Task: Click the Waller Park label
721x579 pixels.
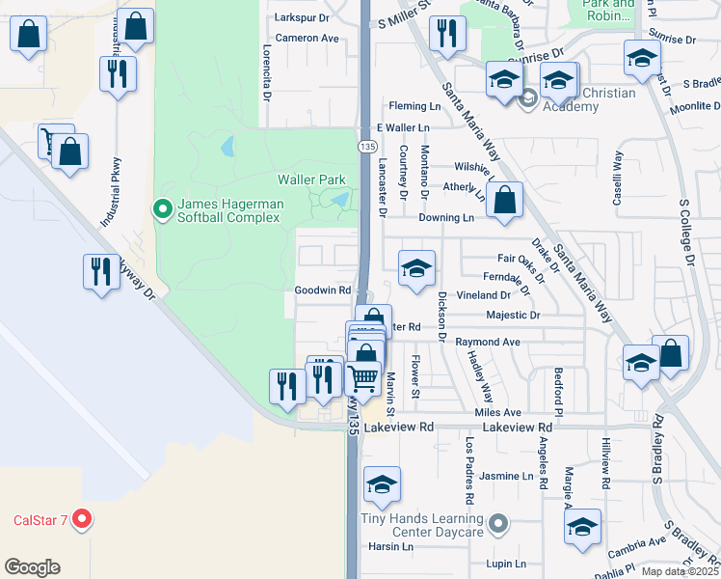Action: [310, 179]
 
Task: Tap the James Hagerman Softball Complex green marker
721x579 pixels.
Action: [162, 207]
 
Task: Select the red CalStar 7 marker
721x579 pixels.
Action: [82, 520]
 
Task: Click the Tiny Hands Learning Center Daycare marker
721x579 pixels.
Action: [497, 525]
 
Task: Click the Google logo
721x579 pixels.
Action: [32, 566]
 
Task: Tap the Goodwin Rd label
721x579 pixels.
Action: [322, 289]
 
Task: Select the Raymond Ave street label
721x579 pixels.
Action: [488, 342]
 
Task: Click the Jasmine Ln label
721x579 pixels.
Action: [506, 477]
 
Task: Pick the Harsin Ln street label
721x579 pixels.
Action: [390, 546]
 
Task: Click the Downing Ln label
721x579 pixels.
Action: [445, 218]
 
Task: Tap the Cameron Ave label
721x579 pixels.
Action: [307, 39]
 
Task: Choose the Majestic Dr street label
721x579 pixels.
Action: [515, 315]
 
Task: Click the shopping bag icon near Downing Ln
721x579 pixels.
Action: [504, 201]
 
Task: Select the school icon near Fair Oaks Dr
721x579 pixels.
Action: [416, 269]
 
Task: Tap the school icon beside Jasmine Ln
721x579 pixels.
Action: [383, 486]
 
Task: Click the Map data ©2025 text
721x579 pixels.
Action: [680, 571]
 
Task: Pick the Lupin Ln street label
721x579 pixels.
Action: [506, 564]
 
